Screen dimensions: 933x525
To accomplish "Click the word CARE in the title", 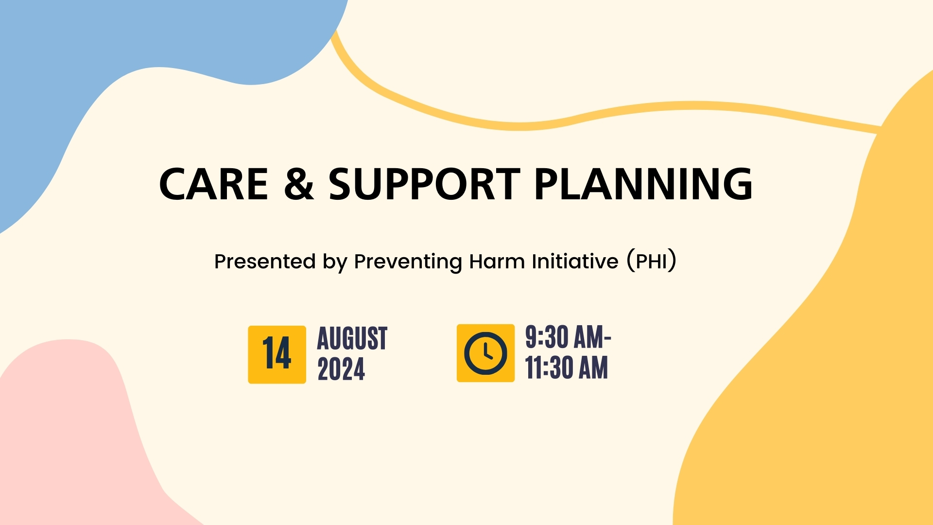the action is point(214,184).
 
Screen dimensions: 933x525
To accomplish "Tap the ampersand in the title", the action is point(299,184).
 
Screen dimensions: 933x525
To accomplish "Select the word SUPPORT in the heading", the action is point(425,184).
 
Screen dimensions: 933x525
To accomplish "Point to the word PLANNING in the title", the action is point(644,184).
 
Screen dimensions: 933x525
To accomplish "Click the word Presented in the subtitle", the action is point(265,262).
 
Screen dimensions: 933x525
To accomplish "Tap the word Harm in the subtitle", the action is point(497,262).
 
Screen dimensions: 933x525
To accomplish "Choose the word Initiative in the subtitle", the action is point(575,262).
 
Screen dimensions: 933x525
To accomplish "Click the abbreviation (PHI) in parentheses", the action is point(651,262).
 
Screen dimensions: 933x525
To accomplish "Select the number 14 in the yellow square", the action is point(277,353).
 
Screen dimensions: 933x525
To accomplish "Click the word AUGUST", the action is point(352,338).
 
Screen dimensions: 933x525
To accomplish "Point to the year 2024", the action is point(341,369).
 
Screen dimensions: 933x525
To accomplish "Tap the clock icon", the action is point(485,353).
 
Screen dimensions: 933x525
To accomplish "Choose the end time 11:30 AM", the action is point(567,367).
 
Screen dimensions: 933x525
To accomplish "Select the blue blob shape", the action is point(121,58).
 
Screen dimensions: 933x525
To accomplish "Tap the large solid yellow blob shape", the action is point(826,365).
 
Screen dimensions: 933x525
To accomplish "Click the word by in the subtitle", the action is point(335,262).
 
